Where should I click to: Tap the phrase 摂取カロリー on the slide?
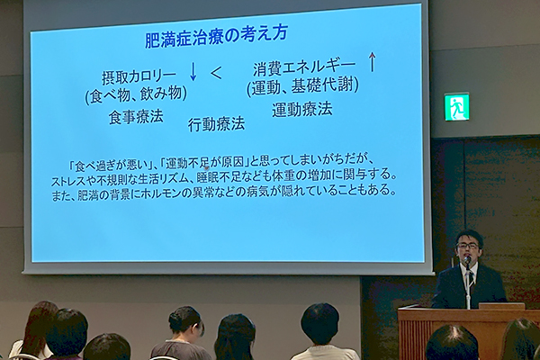coord(139,77)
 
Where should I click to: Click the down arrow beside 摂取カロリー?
coord(193,72)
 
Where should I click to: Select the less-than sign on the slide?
coord(217,74)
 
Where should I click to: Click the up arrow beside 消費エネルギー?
coord(372,62)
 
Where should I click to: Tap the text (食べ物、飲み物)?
coord(136,94)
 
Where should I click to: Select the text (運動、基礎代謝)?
coord(303,86)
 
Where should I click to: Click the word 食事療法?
coord(136,117)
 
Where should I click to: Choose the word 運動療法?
coord(302,110)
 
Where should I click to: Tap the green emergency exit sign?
coord(456,107)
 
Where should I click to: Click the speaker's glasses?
coord(467,246)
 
